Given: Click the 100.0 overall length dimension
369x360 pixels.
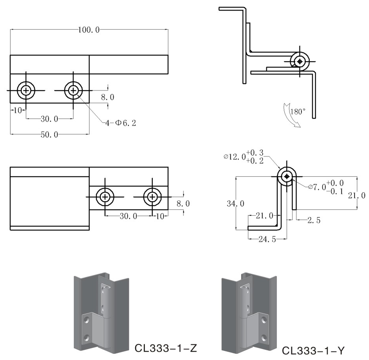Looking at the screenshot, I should [89, 30].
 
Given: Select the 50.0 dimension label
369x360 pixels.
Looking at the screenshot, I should [50, 135].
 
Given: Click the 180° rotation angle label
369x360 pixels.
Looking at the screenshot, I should [298, 112].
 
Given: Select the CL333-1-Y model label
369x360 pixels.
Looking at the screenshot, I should [314, 351].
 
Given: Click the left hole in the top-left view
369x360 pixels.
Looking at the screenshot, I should [26, 90].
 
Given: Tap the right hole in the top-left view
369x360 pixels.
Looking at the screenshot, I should [73, 90].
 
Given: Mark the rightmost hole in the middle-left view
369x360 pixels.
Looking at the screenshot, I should [152, 197].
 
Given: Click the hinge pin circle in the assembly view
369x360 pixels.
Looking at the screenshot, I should [299, 61].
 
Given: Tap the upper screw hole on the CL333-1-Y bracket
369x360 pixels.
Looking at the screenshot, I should [265, 320].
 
